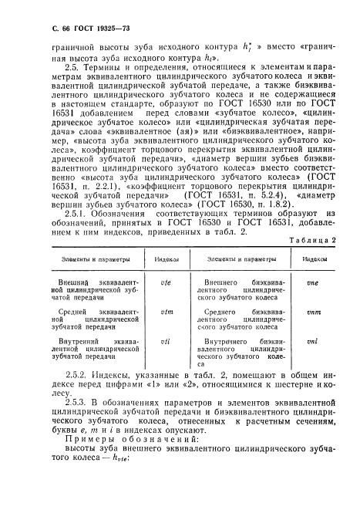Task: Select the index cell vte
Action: [163, 283]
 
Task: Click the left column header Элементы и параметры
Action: [85, 262]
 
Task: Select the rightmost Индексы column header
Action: [313, 262]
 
